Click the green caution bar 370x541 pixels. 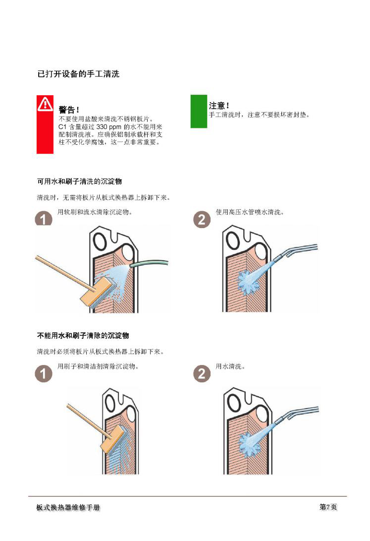(x=199, y=112)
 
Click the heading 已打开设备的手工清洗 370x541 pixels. (x=78, y=74)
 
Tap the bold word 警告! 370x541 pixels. (x=69, y=110)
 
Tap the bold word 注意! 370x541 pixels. (x=219, y=105)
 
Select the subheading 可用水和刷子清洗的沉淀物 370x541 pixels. (x=79, y=181)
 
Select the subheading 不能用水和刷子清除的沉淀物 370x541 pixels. (x=83, y=335)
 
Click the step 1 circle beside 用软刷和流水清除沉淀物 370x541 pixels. (x=44, y=218)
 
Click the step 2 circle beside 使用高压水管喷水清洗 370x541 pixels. (x=202, y=220)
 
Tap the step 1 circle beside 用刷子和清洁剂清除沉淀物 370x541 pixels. (x=44, y=374)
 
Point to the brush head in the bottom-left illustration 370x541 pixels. (x=112, y=439)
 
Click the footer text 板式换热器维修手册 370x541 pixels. (x=68, y=507)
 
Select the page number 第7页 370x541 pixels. (x=328, y=506)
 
